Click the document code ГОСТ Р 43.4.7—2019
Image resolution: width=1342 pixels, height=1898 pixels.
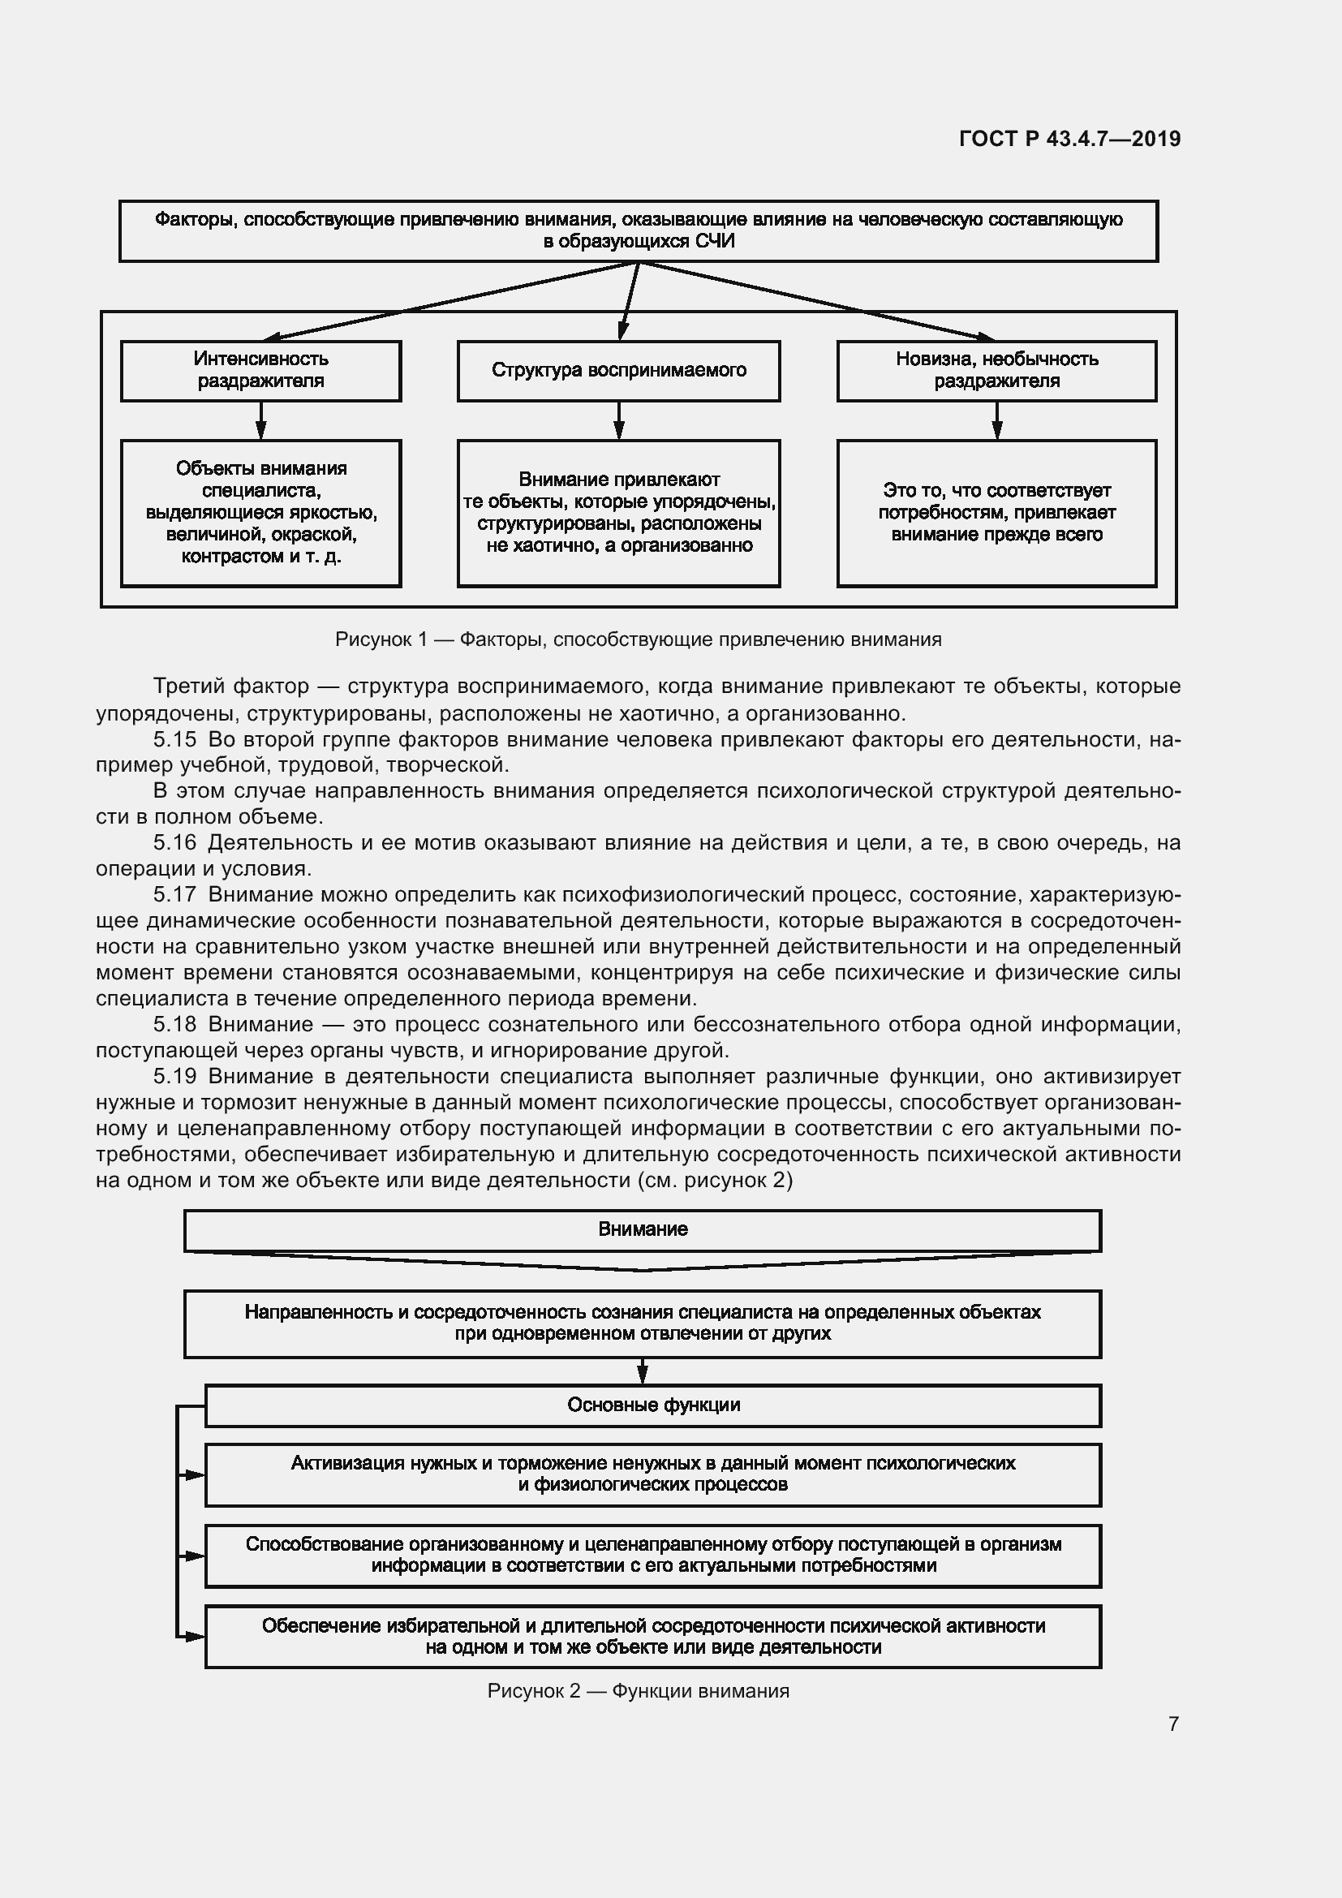[x=1069, y=139]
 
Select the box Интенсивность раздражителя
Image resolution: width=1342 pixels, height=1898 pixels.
[x=260, y=370]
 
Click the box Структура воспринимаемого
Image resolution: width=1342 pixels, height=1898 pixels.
[x=618, y=370]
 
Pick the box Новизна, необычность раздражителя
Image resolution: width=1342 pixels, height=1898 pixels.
[x=996, y=370]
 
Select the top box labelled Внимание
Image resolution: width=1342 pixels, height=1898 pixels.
[x=642, y=1230]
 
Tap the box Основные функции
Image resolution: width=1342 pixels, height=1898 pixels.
[x=653, y=1405]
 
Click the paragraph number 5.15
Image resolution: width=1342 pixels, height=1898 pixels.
[x=174, y=739]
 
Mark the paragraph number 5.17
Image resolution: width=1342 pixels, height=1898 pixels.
[x=174, y=894]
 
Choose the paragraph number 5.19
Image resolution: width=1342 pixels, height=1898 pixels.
[x=174, y=1076]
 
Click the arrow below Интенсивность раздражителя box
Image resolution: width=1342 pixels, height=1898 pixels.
[x=260, y=421]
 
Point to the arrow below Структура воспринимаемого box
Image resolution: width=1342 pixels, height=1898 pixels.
[x=618, y=421]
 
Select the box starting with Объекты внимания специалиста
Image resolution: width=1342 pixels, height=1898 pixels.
[x=260, y=513]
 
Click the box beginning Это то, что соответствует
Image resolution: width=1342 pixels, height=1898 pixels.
[x=996, y=513]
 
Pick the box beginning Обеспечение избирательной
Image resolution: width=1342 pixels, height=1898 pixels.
[x=653, y=1635]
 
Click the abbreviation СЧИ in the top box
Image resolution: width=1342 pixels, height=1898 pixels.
[x=715, y=241]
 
